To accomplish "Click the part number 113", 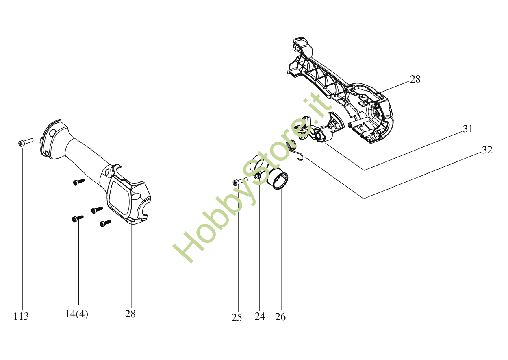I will pyautogui.click(x=21, y=316).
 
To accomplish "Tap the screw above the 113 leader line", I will pyautogui.click(x=25, y=142).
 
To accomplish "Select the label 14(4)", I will pyautogui.click(x=76, y=314).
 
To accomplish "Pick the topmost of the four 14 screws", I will pyautogui.click(x=78, y=182).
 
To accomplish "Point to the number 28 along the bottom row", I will pyautogui.click(x=130, y=314).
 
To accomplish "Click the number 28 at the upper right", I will pyautogui.click(x=415, y=79).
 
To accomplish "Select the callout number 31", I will pyautogui.click(x=468, y=129).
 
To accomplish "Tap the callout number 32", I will pyautogui.click(x=487, y=150).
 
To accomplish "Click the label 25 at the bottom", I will pyautogui.click(x=237, y=318).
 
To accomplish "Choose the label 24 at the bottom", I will pyautogui.click(x=260, y=316).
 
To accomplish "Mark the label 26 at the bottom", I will pyautogui.click(x=280, y=316).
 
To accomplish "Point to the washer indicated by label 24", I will pyautogui.click(x=258, y=177).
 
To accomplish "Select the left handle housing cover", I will pyautogui.click(x=98, y=171).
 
